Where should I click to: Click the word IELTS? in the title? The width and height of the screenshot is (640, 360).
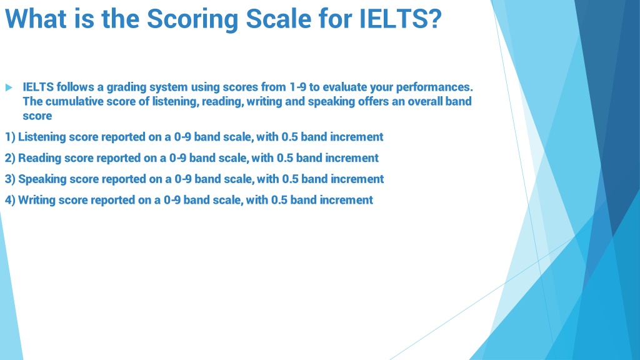[401, 19]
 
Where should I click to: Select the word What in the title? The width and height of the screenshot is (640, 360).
[36, 19]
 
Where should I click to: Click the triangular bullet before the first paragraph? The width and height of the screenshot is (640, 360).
[9, 87]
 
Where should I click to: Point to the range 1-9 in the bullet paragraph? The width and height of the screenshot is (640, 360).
[297, 87]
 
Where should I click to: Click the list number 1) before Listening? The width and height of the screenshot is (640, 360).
[10, 137]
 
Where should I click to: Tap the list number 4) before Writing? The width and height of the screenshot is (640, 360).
[10, 201]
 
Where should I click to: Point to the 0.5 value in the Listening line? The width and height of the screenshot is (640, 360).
[289, 137]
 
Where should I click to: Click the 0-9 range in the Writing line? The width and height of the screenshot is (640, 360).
[172, 200]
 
